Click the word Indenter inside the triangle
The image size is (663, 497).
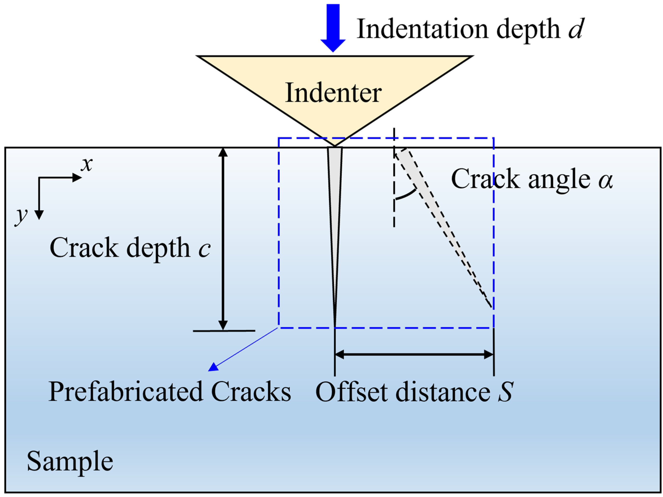click(x=333, y=93)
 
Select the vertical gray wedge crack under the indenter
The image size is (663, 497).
click(x=334, y=210)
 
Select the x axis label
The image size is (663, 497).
click(x=87, y=164)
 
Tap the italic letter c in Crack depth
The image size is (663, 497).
click(x=204, y=249)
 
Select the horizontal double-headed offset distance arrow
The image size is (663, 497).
click(x=414, y=355)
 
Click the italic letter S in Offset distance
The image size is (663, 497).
click(x=506, y=392)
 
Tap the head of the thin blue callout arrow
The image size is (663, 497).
click(x=213, y=367)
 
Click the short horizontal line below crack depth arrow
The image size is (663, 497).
click(x=224, y=331)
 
